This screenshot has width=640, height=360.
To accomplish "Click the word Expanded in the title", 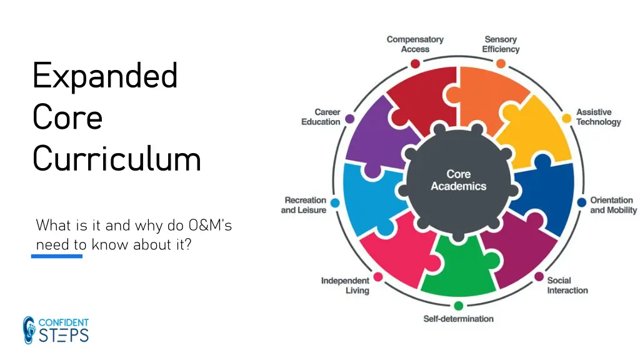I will click(x=105, y=77).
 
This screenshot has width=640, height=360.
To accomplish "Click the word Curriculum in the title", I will click(x=117, y=159).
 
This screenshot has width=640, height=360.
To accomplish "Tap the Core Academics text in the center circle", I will click(x=458, y=180).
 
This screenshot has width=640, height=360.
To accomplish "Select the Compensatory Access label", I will click(x=415, y=44).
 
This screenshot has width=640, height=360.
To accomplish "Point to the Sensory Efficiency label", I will click(x=501, y=44).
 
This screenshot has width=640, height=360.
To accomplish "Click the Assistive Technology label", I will click(x=598, y=117).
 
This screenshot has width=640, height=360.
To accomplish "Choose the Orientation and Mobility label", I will click(x=613, y=205).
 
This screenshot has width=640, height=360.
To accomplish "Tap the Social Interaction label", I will click(x=567, y=285).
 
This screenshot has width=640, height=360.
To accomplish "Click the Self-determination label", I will click(x=458, y=319).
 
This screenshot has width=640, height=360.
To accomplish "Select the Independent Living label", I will click(x=345, y=286).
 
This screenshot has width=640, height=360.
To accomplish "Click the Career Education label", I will click(x=321, y=117).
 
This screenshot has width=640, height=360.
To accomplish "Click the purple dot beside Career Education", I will click(x=350, y=118).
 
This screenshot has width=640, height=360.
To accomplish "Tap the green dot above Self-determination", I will click(x=458, y=306).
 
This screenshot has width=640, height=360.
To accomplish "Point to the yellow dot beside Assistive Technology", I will click(x=567, y=118).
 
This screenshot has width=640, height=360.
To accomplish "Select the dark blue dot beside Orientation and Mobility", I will click(x=582, y=202).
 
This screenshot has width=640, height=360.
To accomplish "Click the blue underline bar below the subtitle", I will click(x=57, y=256).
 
